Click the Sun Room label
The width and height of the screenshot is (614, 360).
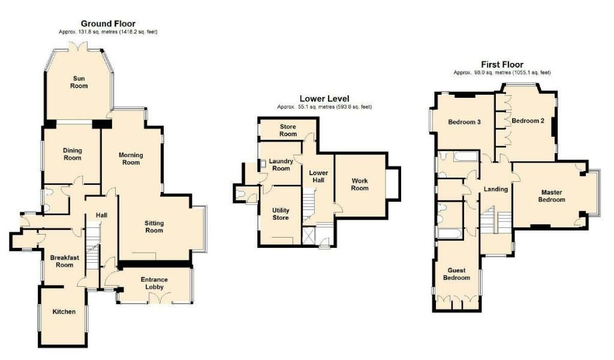80,82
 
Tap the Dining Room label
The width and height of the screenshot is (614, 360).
72,154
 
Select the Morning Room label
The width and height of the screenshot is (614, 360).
130,158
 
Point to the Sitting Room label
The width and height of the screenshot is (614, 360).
154,226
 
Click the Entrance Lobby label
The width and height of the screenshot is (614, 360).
154,283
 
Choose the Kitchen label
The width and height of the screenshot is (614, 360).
64,311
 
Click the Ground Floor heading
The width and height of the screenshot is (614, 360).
109,23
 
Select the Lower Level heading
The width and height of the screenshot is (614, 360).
324,99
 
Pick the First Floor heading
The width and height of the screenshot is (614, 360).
502,64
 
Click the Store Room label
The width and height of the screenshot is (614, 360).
288,130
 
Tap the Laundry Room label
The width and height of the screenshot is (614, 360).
281,164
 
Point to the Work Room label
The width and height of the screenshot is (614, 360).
360,184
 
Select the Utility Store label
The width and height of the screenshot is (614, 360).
280,214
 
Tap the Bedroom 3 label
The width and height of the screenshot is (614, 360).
465,122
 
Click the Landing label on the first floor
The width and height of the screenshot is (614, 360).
496,189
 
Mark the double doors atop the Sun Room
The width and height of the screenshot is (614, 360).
80,47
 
